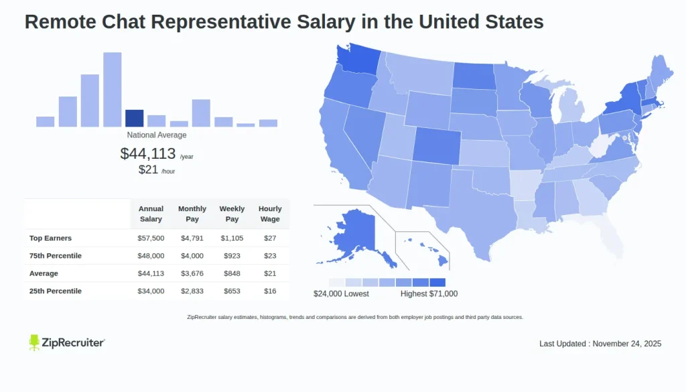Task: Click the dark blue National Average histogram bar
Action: click(134, 119)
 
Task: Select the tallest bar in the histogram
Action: click(112, 90)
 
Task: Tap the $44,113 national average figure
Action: click(148, 153)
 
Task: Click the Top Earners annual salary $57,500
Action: click(151, 238)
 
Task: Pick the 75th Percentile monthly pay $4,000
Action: click(192, 256)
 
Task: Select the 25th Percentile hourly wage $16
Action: click(270, 291)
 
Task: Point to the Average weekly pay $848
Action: click(232, 273)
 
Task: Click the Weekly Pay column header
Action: click(232, 214)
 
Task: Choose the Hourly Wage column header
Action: click(270, 214)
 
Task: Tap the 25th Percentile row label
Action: click(56, 291)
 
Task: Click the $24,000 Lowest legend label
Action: click(341, 293)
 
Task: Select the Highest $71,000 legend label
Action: click(429, 293)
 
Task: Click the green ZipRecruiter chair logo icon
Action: click(35, 342)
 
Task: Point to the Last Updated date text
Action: click(600, 344)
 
